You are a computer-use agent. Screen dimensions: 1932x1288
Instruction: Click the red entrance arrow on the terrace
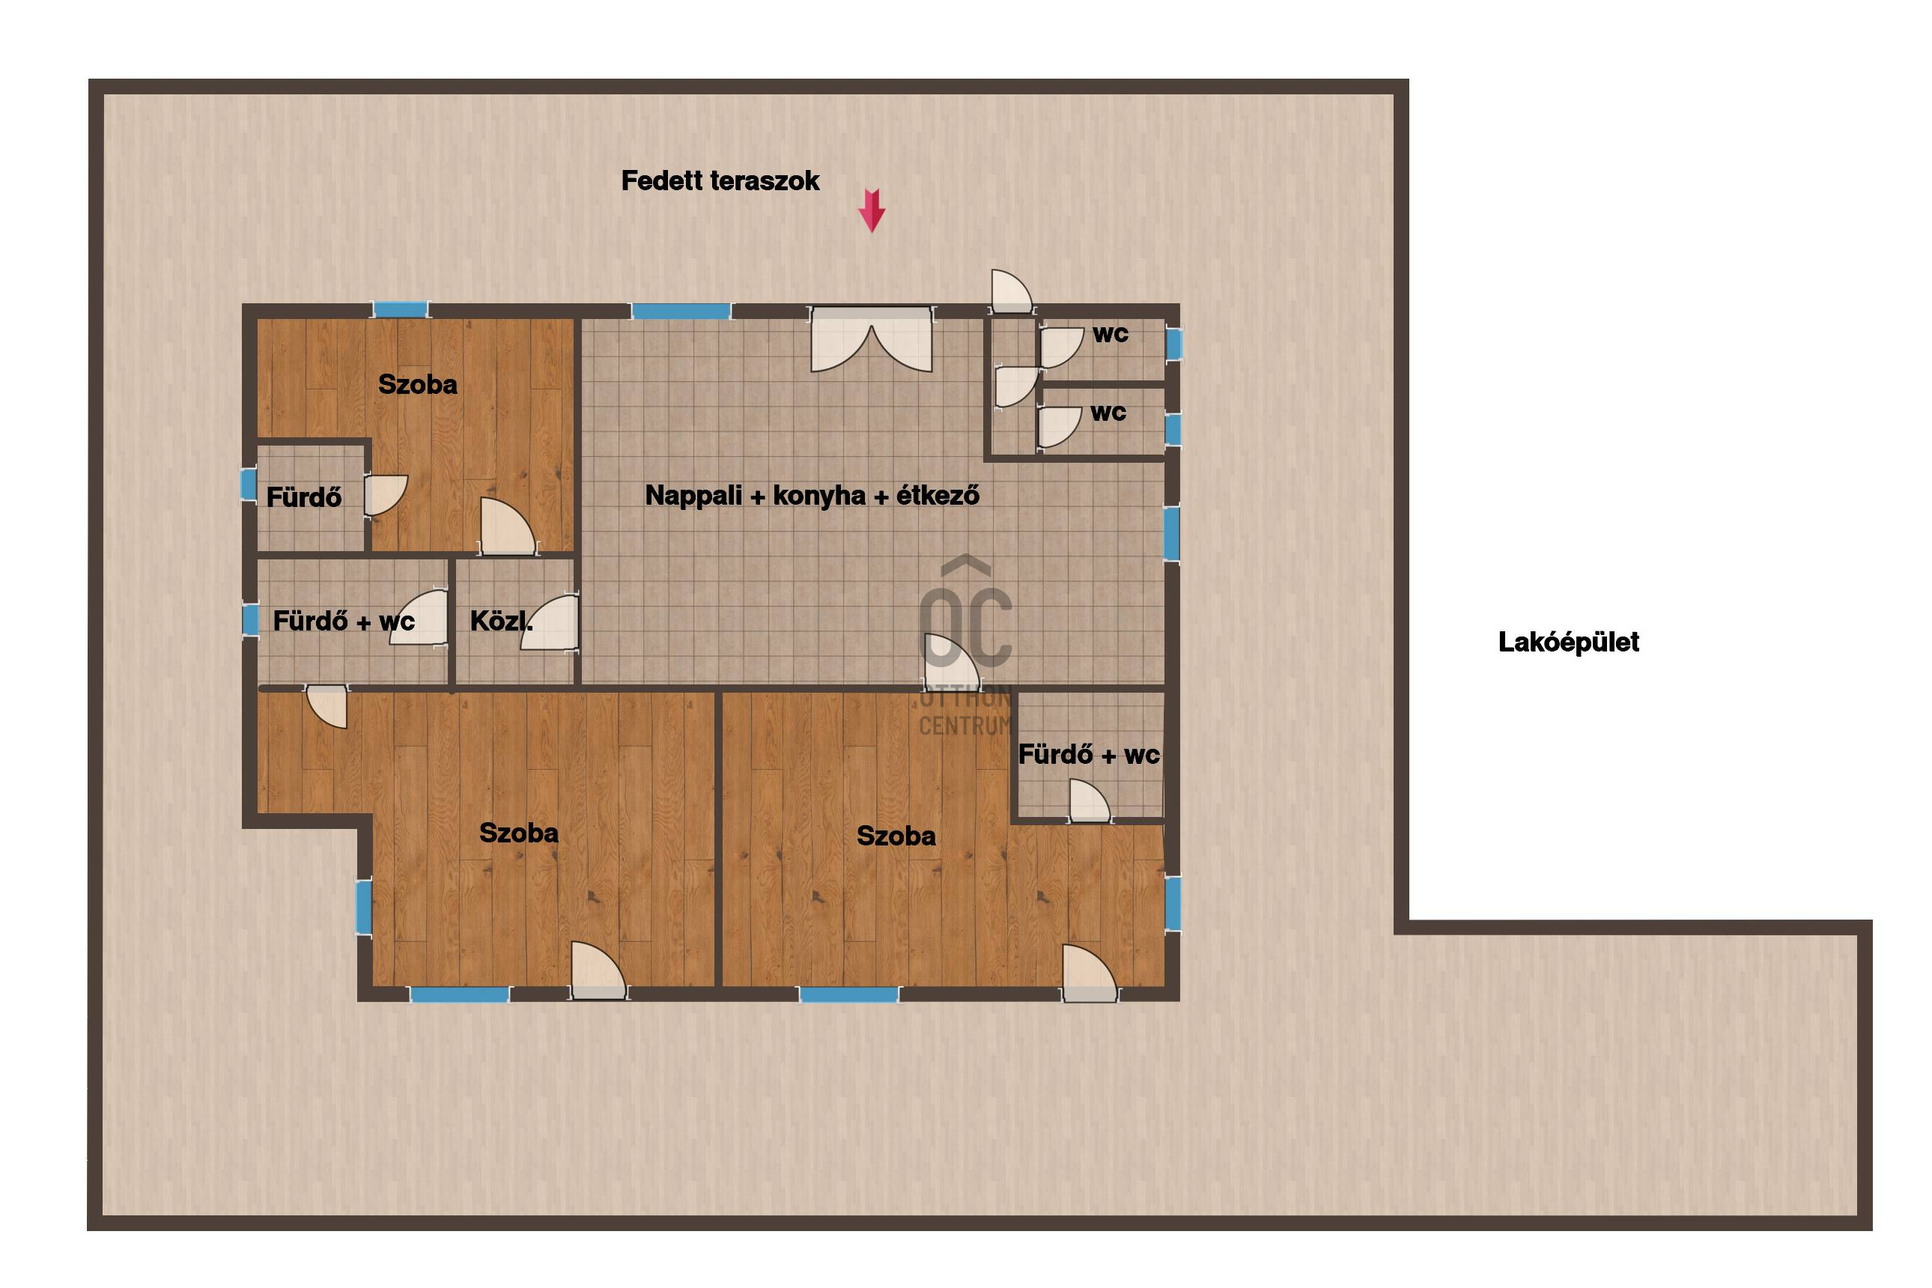tap(872, 210)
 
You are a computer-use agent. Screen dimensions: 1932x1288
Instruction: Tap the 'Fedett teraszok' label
tap(720, 180)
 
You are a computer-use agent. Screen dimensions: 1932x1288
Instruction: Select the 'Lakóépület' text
tap(1568, 642)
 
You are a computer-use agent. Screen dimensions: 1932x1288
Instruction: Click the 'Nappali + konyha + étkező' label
tap(812, 495)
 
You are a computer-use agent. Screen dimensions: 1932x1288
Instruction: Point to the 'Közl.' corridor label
tap(501, 621)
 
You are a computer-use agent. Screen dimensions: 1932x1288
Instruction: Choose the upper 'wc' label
tap(1111, 334)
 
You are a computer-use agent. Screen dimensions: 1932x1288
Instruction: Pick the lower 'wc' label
tap(1108, 413)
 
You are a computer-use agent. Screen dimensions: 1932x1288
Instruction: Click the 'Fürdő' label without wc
tap(304, 497)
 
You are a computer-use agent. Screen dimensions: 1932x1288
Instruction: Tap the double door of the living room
tap(872, 339)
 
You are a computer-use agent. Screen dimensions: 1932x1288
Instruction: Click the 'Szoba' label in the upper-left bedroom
tap(417, 384)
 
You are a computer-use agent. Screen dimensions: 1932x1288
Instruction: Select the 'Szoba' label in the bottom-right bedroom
tap(896, 836)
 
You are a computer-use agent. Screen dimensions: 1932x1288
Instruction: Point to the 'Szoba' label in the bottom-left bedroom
tap(518, 833)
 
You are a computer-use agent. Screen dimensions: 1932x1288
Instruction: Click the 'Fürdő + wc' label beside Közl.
tap(344, 621)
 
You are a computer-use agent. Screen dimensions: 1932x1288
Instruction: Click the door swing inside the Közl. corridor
tap(550, 622)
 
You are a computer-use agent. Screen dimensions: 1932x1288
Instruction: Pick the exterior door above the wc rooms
tap(1011, 291)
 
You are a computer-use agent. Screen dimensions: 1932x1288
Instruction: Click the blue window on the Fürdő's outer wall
tap(249, 484)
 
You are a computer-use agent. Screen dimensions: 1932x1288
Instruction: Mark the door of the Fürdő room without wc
tap(384, 495)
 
